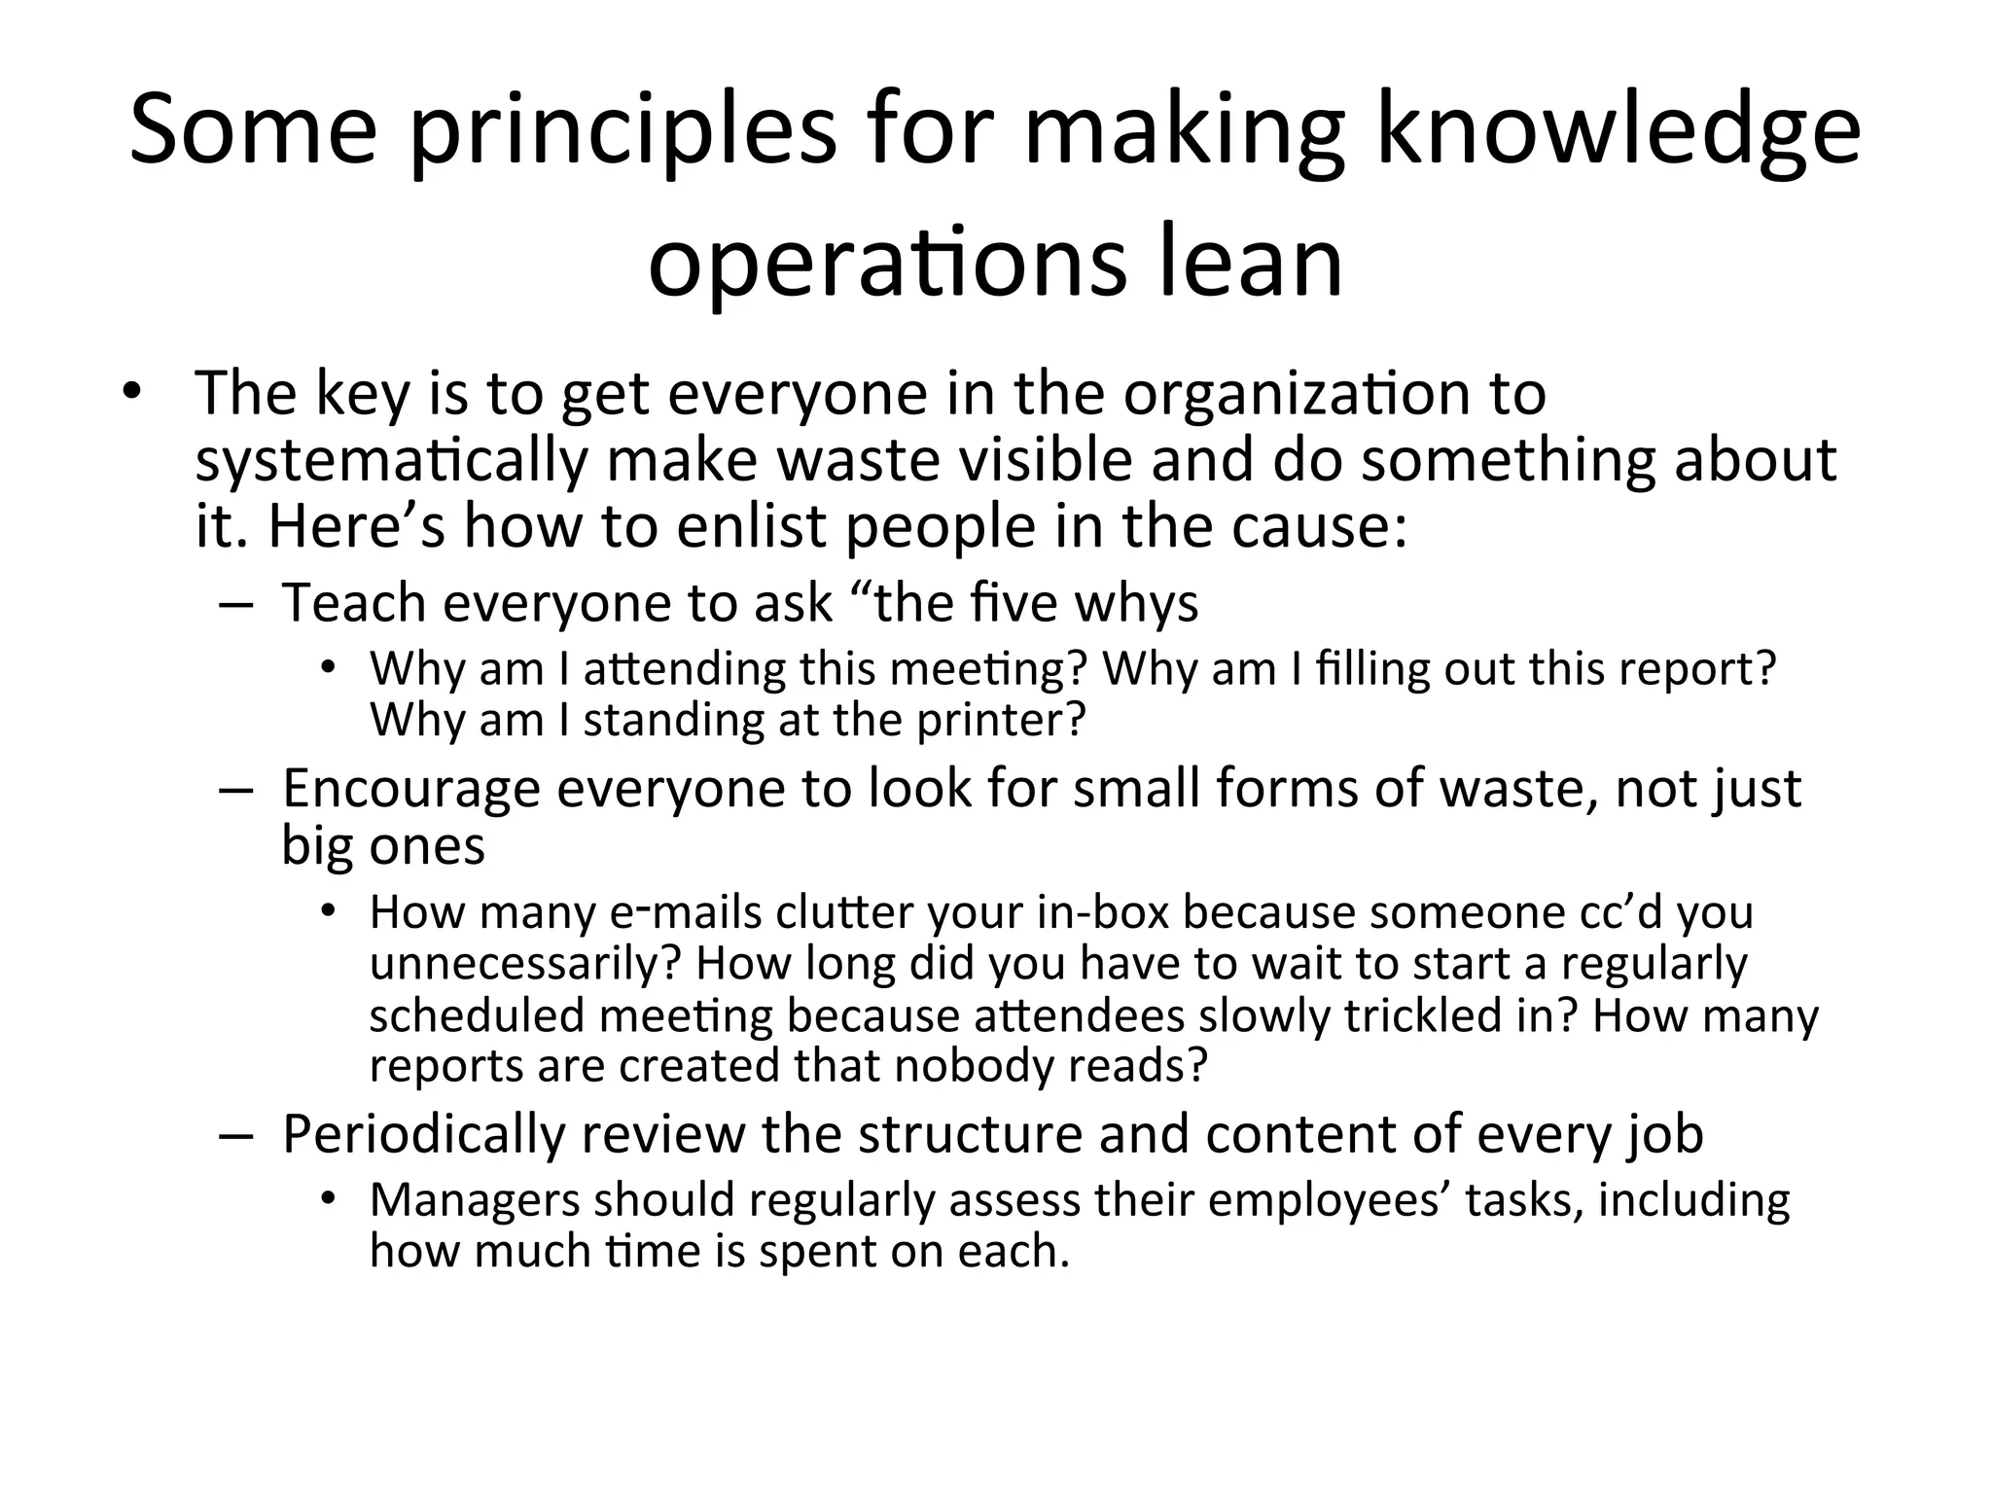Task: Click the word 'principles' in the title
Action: (622, 131)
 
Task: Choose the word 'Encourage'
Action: (410, 787)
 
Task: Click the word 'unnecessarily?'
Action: (525, 964)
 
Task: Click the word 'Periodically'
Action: (424, 1134)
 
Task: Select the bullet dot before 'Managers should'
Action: (329, 1198)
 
